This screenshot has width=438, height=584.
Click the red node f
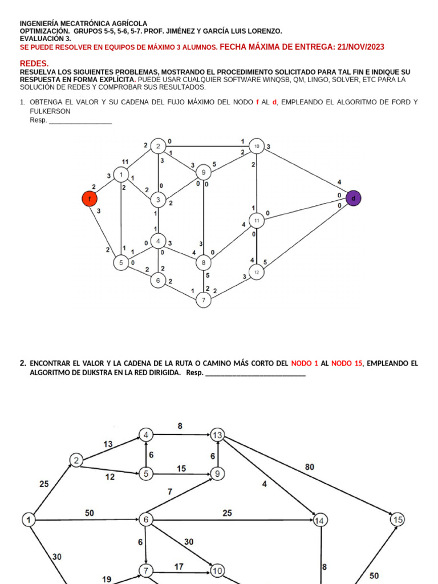pyautogui.click(x=90, y=198)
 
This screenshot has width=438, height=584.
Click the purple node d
pyautogui.click(x=353, y=198)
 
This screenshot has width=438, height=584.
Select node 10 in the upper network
pyautogui.click(x=257, y=147)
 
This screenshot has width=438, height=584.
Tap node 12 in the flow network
pyautogui.click(x=257, y=272)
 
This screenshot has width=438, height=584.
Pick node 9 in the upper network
pyautogui.click(x=204, y=172)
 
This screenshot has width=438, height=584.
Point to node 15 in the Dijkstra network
pyautogui.click(x=398, y=520)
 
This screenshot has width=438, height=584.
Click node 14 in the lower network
pyautogui.click(x=320, y=520)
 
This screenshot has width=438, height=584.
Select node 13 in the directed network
pyautogui.click(x=217, y=435)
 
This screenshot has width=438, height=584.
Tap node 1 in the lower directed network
pyautogui.click(x=29, y=520)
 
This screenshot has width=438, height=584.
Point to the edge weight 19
pyautogui.click(x=107, y=578)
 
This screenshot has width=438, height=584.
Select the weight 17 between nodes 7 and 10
pyautogui.click(x=179, y=567)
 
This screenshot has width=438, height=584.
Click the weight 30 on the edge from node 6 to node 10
pyautogui.click(x=189, y=541)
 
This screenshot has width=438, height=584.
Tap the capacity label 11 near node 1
pyautogui.click(x=125, y=162)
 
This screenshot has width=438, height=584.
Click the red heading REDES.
pyautogui.click(x=34, y=63)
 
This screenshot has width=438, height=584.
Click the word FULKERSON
pyautogui.click(x=50, y=111)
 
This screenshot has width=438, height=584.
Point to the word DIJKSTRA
pyautogui.click(x=85, y=373)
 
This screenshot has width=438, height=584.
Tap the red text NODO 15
pyautogui.click(x=347, y=363)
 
